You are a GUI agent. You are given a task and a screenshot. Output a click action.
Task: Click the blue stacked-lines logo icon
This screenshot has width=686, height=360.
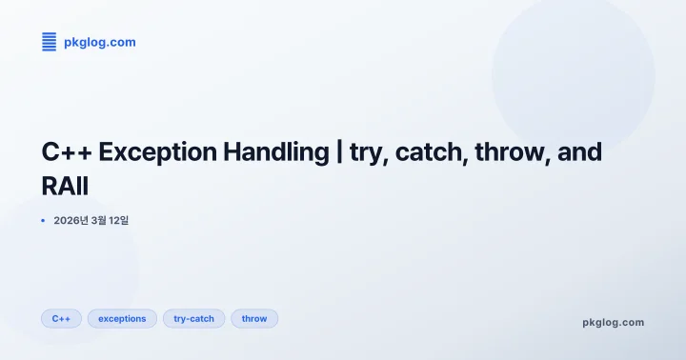50,42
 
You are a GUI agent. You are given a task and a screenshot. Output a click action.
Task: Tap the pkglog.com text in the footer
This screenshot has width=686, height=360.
613,322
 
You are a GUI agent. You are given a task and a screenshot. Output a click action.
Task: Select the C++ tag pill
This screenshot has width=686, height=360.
61,318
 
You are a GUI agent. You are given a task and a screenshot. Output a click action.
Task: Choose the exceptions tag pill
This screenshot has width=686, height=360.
122,318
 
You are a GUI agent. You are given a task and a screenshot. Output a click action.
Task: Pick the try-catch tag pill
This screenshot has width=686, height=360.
193,318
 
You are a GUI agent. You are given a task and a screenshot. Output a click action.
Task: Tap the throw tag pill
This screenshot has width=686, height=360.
254,318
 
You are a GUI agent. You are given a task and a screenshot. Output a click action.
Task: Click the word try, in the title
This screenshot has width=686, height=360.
367,152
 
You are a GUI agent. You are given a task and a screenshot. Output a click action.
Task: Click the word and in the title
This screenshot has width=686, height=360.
581,152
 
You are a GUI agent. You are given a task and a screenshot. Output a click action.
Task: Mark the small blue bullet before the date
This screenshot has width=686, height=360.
43,220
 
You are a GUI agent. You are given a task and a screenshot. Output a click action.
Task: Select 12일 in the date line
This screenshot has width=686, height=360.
117,220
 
